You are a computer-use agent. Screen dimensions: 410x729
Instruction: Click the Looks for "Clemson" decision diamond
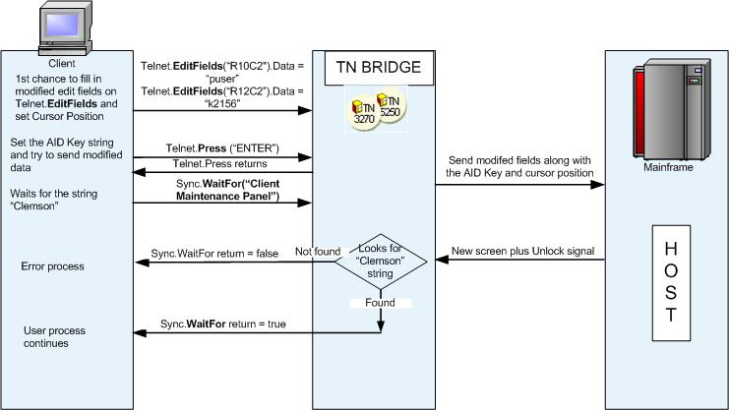(380, 263)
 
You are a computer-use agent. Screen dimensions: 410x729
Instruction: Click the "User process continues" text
(48, 337)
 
